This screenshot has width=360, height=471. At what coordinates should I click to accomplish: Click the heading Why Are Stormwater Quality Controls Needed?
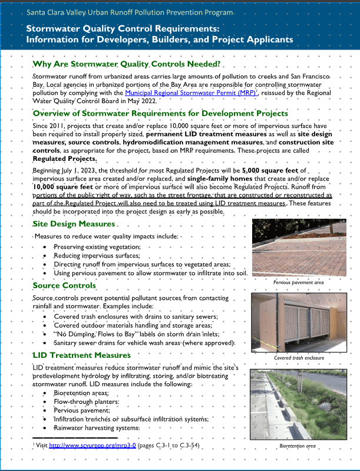pyautogui.click(x=126, y=64)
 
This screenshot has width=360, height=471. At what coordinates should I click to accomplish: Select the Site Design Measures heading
pyautogui.click(x=74, y=225)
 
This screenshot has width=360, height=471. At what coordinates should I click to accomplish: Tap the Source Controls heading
pyautogui.click(x=64, y=286)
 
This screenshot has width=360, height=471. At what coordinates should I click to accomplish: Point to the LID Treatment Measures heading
pyautogui.click(x=81, y=355)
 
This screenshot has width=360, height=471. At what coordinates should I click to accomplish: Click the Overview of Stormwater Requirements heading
pyautogui.click(x=160, y=113)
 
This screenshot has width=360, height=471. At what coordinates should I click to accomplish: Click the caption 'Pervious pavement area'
pyautogui.click(x=299, y=282)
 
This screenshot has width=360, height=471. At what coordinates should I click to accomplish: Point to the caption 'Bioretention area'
pyautogui.click(x=298, y=446)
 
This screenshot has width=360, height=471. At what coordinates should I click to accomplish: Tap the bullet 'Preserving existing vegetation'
pyautogui.click(x=97, y=246)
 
